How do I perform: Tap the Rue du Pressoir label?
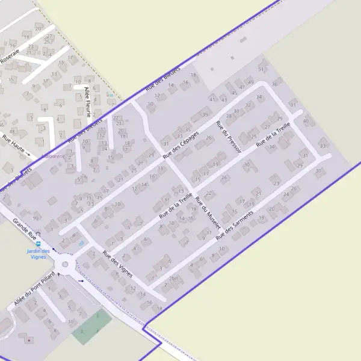pos(229,137)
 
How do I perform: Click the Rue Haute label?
pos(14,145)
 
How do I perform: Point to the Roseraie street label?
pos(10,57)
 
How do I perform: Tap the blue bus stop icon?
pos(39,244)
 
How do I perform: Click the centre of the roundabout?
pos(64,264)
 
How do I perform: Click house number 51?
pos(261,70)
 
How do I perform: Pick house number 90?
pos(36,218)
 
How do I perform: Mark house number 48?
pos(13,131)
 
